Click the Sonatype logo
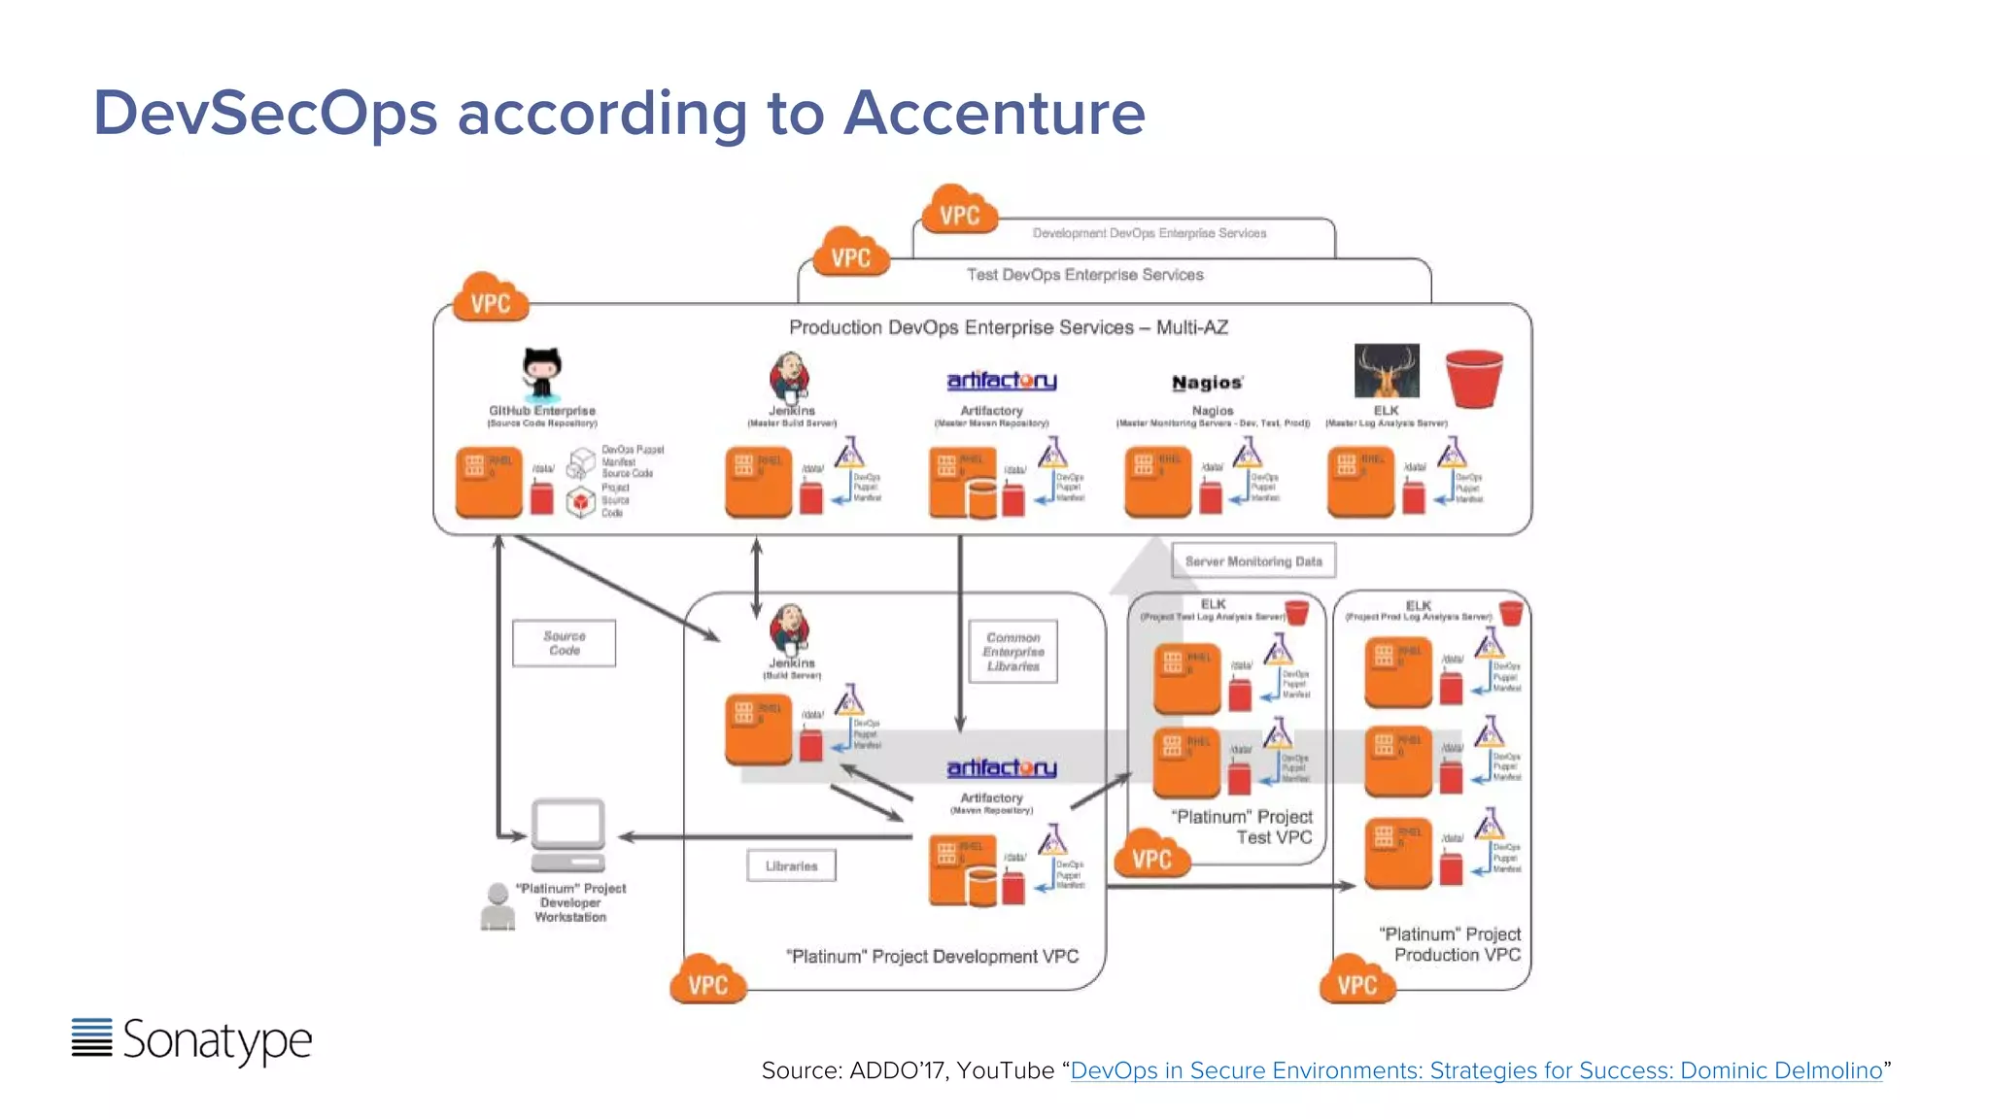[x=192, y=1039]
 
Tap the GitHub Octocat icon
[x=541, y=374]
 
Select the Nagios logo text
[x=1207, y=383]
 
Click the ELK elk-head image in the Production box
[x=1387, y=370]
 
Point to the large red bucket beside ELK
[x=1474, y=378]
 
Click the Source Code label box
[x=564, y=643]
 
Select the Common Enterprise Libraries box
[x=1013, y=652]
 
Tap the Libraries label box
[x=791, y=865]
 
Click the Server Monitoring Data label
[x=1253, y=561]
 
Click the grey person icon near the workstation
[x=497, y=906]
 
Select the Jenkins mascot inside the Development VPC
[x=789, y=629]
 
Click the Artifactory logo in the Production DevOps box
[x=1002, y=381]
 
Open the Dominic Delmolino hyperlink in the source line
[x=1476, y=1070]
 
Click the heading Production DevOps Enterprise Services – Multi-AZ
[x=1008, y=327]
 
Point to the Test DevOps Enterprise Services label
[x=1084, y=275]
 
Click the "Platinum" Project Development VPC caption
[x=932, y=957]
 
